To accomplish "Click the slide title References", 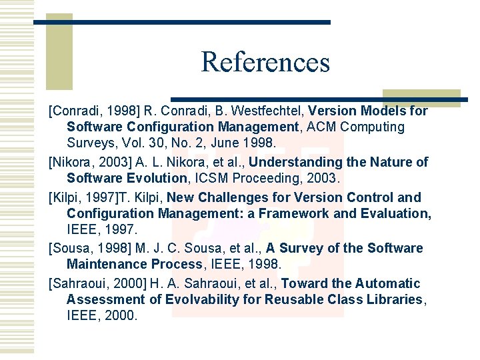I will [x=265, y=62].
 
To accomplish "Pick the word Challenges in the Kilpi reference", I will [x=234, y=197].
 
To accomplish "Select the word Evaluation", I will [x=399, y=213].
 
